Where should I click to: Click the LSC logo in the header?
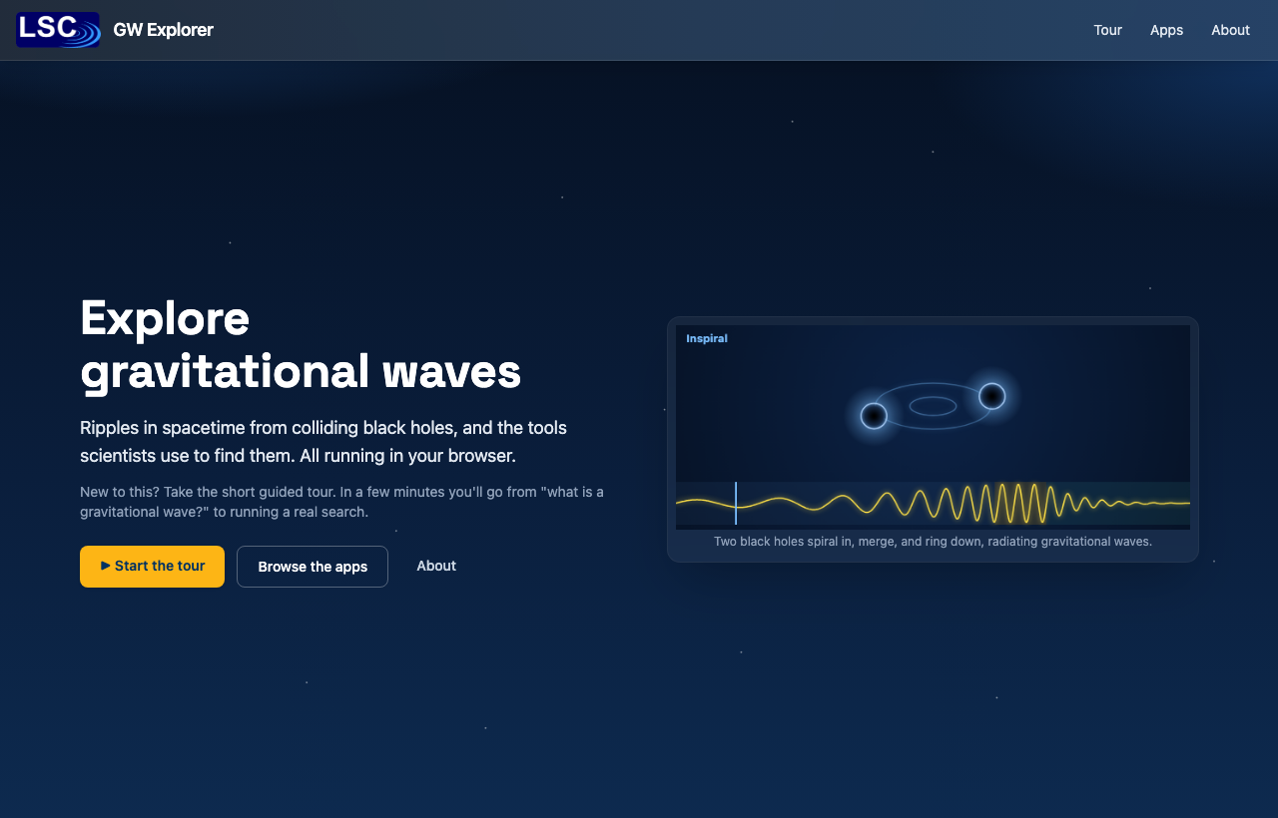tap(58, 30)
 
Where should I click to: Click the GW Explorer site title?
tap(163, 30)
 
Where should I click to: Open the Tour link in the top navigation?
tap(1107, 30)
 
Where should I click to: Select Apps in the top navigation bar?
tap(1166, 30)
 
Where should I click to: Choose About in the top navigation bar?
tap(1230, 30)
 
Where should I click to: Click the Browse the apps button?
tap(313, 566)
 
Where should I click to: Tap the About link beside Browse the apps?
tap(436, 566)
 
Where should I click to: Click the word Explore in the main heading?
tap(165, 319)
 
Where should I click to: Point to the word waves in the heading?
tap(451, 372)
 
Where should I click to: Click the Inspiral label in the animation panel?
tap(706, 338)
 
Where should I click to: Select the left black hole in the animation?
tap(874, 416)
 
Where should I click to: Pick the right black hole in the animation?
tap(992, 396)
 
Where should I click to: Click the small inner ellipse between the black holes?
tap(933, 397)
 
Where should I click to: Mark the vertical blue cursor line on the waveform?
tap(736, 504)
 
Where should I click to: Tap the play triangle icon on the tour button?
tap(106, 566)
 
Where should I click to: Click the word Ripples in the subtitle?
tap(110, 428)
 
